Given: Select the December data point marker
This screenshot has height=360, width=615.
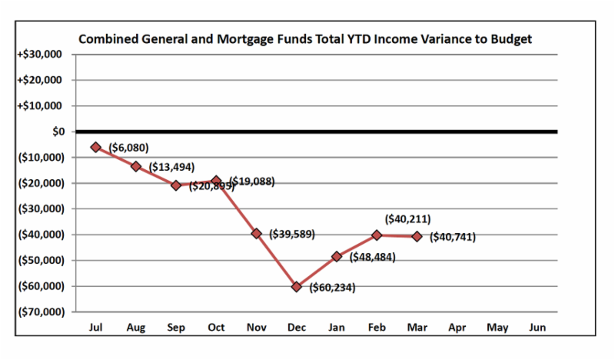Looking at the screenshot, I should click(x=297, y=286).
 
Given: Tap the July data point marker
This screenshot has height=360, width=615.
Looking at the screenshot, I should click(x=96, y=147).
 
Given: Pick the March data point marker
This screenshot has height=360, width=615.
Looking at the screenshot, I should click(x=417, y=236).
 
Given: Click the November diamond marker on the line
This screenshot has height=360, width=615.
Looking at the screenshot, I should click(x=257, y=233).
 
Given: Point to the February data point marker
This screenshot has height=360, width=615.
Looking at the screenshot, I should click(x=377, y=235).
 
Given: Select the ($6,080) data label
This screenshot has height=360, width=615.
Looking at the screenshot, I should click(x=128, y=147).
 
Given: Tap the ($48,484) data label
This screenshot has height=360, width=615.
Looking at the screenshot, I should click(x=372, y=257).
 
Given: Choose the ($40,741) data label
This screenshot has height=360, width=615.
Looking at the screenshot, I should click(x=452, y=237).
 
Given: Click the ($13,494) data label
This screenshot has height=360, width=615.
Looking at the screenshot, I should click(x=172, y=167).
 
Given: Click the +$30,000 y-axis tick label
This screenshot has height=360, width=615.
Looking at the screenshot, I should click(x=44, y=55).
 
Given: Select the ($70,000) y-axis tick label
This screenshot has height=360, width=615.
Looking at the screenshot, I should click(x=42, y=312).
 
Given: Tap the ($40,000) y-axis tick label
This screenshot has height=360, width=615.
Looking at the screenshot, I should click(x=42, y=235).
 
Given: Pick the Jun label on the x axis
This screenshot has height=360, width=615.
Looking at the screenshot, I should click(x=537, y=328).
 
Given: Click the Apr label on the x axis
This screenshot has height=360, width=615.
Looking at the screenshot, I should click(x=457, y=328).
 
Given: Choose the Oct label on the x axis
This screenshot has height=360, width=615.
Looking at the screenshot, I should click(x=217, y=328).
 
